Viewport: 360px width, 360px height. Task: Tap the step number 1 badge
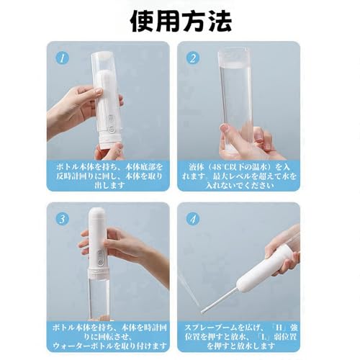tap(63, 55)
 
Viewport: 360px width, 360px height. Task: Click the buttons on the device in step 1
tap(110, 115)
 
